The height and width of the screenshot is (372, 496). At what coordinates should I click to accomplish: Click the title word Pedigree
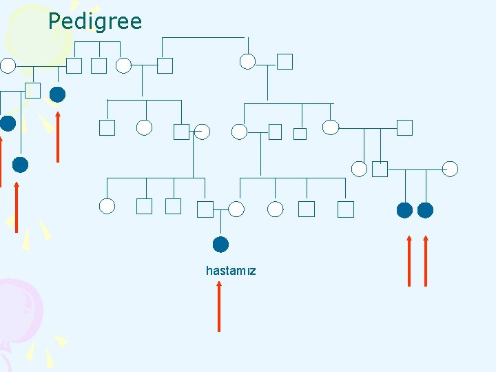(95, 21)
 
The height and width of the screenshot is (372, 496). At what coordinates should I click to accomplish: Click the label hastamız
(231, 271)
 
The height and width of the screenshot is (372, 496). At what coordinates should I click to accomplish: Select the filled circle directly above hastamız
(220, 244)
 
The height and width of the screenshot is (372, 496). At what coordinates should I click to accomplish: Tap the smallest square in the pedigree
(300, 134)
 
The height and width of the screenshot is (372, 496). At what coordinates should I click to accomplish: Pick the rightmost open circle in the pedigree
(450, 168)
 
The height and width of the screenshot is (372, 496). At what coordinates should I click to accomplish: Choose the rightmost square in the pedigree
(404, 127)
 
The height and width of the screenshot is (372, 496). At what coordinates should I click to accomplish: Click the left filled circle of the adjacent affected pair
(405, 209)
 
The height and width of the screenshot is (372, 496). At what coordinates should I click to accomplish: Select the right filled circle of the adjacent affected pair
(426, 209)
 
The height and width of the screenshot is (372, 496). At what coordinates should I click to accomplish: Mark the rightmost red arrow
(426, 261)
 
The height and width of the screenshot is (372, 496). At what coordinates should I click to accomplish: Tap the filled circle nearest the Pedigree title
(58, 94)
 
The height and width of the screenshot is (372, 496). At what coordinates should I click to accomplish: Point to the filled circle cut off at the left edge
(7, 123)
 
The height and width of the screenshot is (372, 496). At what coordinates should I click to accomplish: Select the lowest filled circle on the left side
(20, 165)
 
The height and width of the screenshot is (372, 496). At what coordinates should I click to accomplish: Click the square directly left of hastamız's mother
(205, 209)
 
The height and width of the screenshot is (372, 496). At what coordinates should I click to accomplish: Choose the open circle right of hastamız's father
(236, 209)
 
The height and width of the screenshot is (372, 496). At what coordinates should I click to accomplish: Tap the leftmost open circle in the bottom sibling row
(107, 205)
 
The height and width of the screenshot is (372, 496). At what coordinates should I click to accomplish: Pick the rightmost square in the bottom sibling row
(345, 209)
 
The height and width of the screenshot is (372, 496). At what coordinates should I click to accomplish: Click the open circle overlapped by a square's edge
(202, 131)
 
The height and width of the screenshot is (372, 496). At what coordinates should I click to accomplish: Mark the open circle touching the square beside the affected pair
(360, 168)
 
